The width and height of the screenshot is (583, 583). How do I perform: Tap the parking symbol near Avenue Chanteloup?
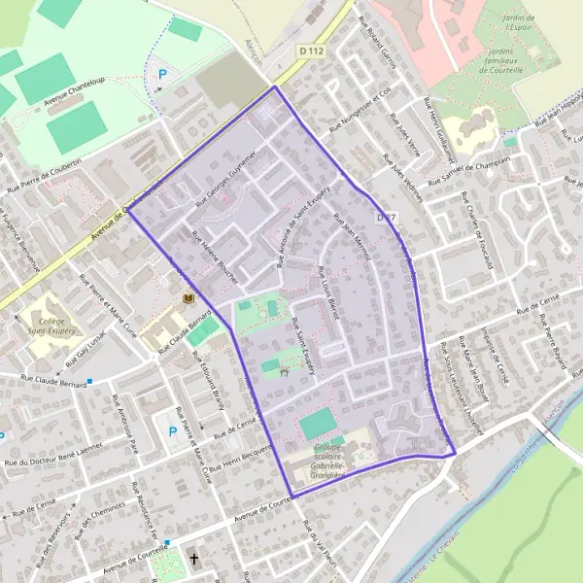(162, 72)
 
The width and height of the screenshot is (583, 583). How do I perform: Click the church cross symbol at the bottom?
(194, 560)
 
